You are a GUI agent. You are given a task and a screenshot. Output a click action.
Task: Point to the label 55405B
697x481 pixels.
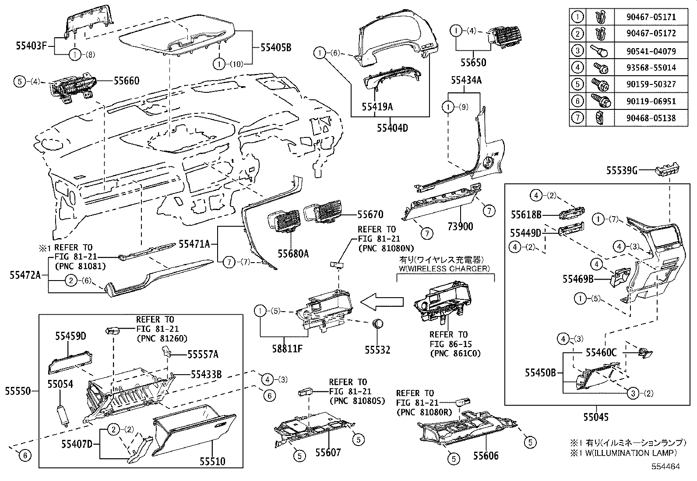tap(276, 47)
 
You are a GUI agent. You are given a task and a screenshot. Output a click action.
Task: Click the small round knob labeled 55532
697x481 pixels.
tap(377, 324)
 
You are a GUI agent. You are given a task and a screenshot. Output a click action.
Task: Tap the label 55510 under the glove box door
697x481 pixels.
tap(212, 461)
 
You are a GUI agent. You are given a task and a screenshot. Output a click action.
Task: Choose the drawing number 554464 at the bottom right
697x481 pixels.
tap(665, 467)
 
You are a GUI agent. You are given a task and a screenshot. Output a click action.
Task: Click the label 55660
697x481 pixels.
tap(127, 81)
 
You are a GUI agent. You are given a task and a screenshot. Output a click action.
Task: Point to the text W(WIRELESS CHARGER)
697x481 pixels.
tap(445, 268)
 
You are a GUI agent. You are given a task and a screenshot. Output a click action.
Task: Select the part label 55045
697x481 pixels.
tap(595, 417)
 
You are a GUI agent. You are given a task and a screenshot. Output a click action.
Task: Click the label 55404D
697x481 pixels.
tap(392, 128)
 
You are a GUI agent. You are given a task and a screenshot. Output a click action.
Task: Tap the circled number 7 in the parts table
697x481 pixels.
tap(577, 118)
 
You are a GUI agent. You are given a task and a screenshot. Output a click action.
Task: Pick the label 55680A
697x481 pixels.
tap(293, 253)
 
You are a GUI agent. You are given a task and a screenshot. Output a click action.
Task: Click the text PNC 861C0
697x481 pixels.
tap(455, 353)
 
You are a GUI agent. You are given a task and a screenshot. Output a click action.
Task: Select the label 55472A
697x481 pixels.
tap(25, 275)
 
